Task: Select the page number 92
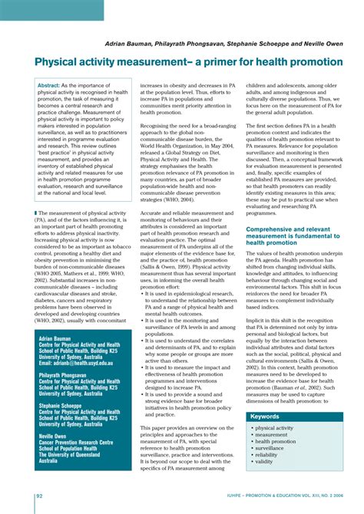39,497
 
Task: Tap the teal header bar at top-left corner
51,9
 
